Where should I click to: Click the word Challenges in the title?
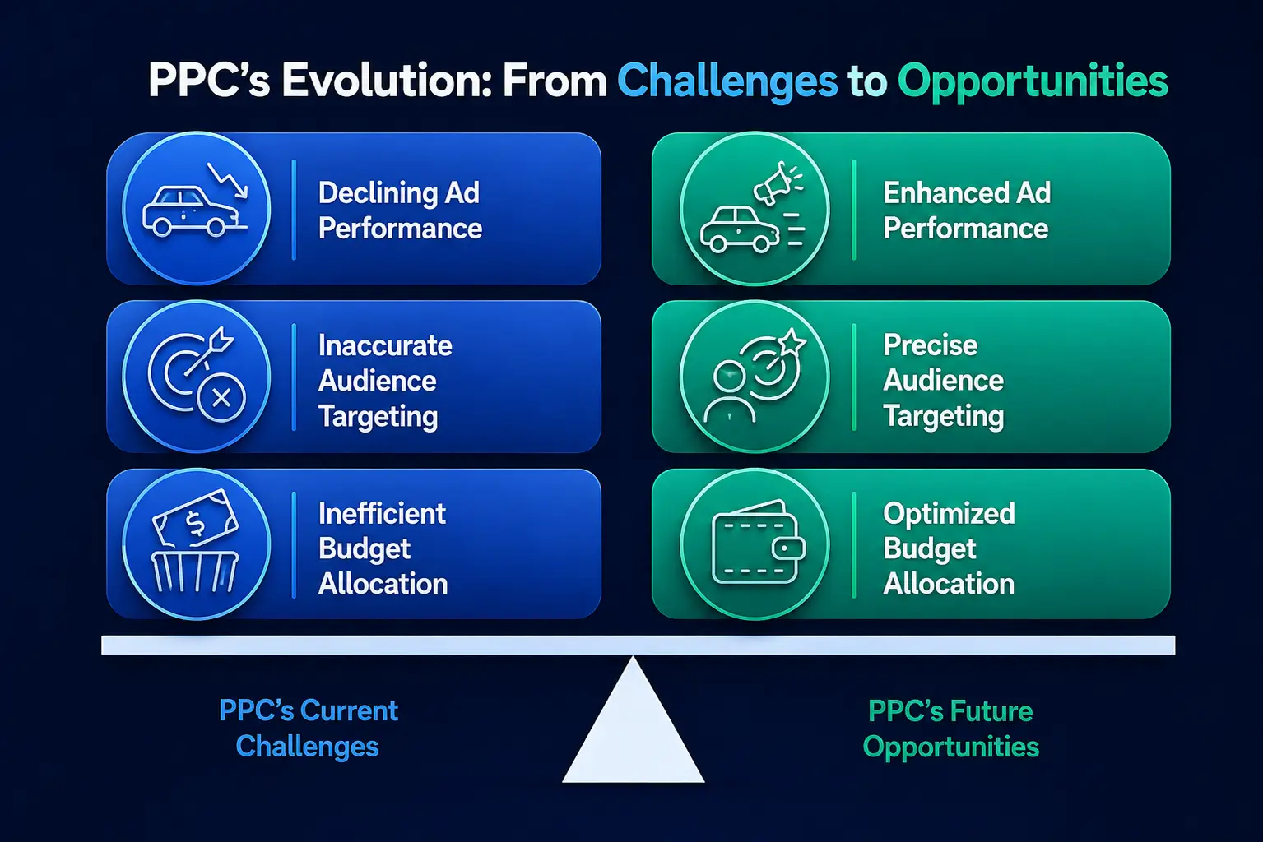click(x=727, y=81)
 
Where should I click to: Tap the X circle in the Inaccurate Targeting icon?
click(x=221, y=398)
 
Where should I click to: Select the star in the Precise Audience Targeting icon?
click(x=791, y=342)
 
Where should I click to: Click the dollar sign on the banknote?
click(x=195, y=523)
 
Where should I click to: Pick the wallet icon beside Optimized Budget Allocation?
click(x=759, y=542)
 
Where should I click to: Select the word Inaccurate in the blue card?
click(x=385, y=345)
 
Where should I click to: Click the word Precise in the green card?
click(x=930, y=345)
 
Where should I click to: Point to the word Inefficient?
click(x=382, y=513)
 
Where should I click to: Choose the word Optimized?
click(x=949, y=514)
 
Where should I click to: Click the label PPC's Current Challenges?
click(x=309, y=729)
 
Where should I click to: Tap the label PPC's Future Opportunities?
click(x=950, y=729)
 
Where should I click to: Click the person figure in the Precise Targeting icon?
click(x=729, y=392)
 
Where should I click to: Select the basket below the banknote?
click(x=195, y=571)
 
